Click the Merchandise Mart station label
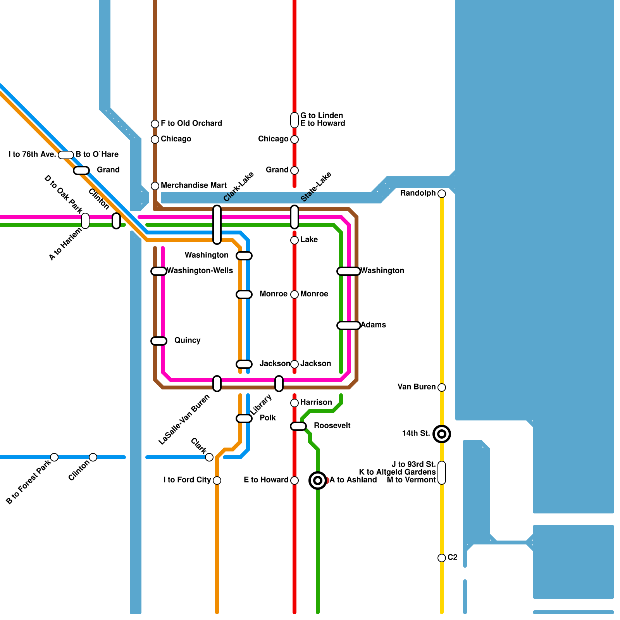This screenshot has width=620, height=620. [194, 186]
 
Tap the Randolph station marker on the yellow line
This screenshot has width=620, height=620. [442, 194]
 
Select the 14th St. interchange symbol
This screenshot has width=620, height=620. [442, 434]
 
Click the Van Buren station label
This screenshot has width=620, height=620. [417, 387]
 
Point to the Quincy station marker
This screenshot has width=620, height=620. [159, 341]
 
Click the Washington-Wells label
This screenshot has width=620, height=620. [200, 271]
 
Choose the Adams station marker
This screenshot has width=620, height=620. [349, 325]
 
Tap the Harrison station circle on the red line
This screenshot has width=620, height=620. [294, 403]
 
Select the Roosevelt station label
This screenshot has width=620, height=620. [332, 426]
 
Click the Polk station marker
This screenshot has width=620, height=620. [244, 418]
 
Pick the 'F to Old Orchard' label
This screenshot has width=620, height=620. [191, 124]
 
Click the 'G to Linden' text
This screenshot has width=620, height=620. [322, 116]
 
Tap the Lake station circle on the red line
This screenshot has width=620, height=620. [294, 240]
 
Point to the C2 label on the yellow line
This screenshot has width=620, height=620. [453, 558]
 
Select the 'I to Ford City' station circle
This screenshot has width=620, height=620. [217, 480]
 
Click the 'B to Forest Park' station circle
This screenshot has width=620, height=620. [54, 457]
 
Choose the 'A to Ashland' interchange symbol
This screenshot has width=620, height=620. [318, 480]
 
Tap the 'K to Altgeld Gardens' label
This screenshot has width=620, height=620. [397, 472]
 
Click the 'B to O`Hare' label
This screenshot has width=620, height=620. [97, 155]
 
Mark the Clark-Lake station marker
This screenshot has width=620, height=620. [217, 225]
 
